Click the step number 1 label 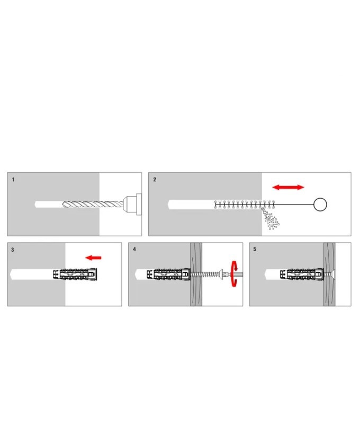pyautogui.click(x=13, y=180)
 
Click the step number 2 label pyautogui.click(x=155, y=180)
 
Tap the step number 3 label pyautogui.click(x=12, y=250)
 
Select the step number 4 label pyautogui.click(x=134, y=249)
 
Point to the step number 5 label pyautogui.click(x=255, y=249)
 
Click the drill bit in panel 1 pyautogui.click(x=93, y=205)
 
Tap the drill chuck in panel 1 pyautogui.click(x=132, y=205)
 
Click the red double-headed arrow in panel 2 pyautogui.click(x=289, y=188)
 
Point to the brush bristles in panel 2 pyautogui.click(x=245, y=205)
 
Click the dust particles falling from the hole pyautogui.click(x=271, y=219)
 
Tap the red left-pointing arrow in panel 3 pyautogui.click(x=93, y=258)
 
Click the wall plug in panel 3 pyautogui.click(x=75, y=275)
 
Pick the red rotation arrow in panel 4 pyautogui.click(x=233, y=274)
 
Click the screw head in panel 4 pyautogui.click(x=221, y=274)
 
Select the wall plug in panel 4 pyautogui.click(x=168, y=275)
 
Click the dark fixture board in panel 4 pyautogui.click(x=196, y=274)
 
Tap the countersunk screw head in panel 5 pyautogui.click(x=332, y=275)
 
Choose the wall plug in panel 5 pyautogui.click(x=302, y=275)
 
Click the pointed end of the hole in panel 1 pyautogui.click(x=35, y=205)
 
